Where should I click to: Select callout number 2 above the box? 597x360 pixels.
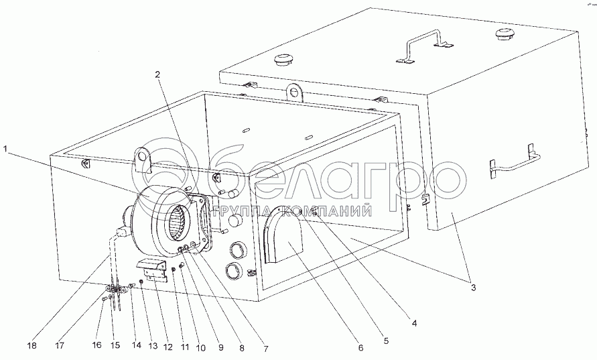158,75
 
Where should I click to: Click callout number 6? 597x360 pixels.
360,348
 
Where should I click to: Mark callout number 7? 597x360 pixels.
265,349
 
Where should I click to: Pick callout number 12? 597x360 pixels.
168,347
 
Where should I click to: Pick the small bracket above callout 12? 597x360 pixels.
153,267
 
